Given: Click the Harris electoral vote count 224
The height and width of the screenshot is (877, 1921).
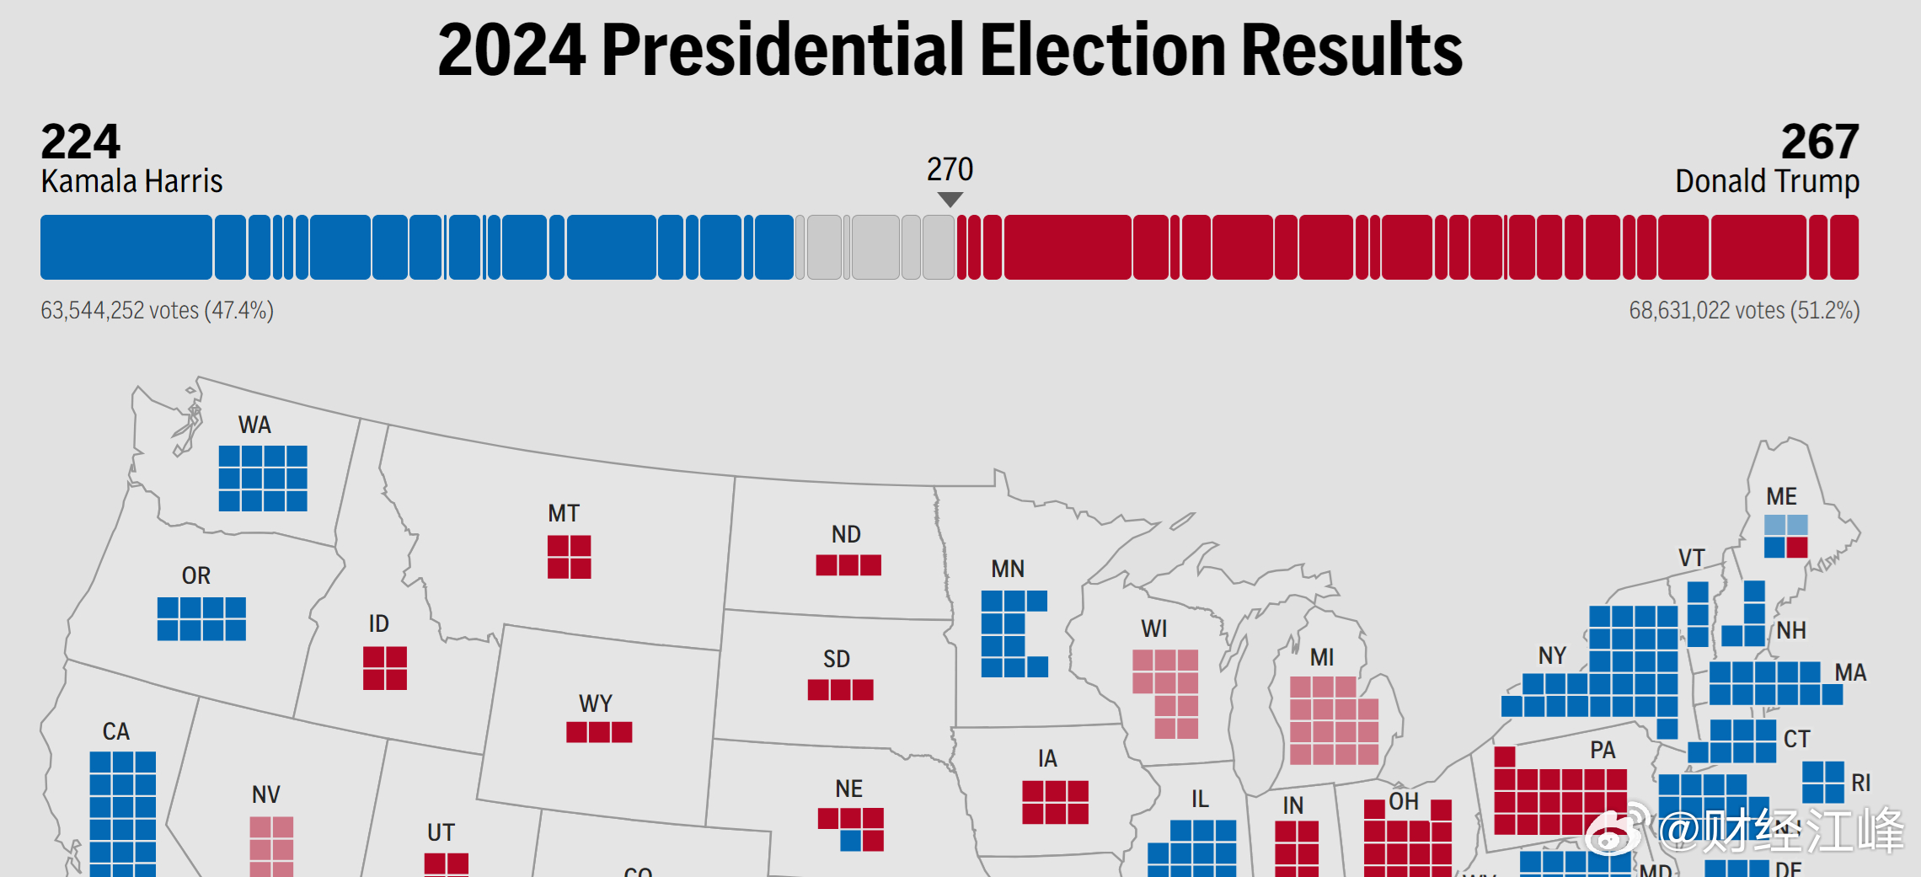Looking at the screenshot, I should (x=81, y=142).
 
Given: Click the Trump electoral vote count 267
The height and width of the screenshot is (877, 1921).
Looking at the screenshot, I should (x=1819, y=142).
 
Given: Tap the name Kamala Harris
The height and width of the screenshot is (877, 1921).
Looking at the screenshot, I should (x=131, y=181).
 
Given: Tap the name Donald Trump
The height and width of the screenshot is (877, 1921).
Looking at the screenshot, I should (x=1767, y=181).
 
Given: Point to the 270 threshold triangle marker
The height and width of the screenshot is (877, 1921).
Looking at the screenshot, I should (x=950, y=200).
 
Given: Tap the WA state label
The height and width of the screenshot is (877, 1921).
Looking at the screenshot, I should (x=254, y=425).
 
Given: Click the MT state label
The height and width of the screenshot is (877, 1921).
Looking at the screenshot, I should (x=564, y=513).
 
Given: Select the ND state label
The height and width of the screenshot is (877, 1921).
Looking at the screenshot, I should (x=846, y=534).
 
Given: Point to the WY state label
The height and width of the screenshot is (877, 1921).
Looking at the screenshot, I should (x=596, y=703).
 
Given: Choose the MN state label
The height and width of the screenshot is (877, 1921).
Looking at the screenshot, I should (x=1008, y=569).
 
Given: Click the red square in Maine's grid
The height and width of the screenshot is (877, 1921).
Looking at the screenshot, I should (x=1797, y=548).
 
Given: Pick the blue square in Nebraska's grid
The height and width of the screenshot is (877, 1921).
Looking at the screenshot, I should (x=851, y=840).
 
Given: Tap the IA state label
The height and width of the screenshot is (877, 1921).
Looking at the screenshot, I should (x=1047, y=758).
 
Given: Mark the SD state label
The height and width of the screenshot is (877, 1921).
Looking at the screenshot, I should (x=837, y=659).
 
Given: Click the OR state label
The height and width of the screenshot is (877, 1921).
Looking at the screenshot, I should (x=196, y=575).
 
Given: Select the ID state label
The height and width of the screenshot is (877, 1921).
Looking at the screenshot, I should (x=379, y=623).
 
